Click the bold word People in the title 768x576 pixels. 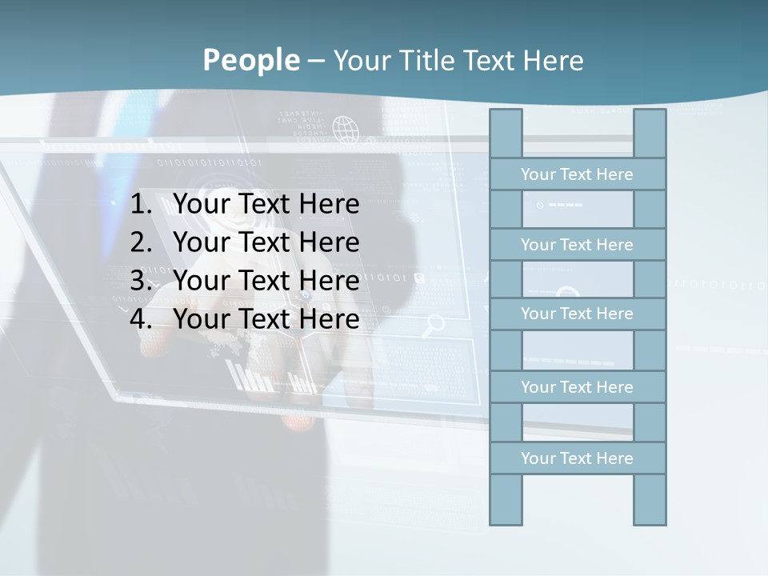pos(250,60)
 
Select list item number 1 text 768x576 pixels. pos(266,204)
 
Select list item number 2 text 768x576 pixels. pos(266,242)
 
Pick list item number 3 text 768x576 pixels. pos(266,281)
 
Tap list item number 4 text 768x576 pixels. pos(266,319)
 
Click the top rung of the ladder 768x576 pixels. pos(577,174)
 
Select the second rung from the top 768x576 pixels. pos(577,245)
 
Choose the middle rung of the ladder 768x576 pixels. pos(577,314)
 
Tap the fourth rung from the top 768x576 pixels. pos(577,387)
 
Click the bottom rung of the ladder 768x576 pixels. pos(577,458)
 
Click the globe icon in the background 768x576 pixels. pos(346,130)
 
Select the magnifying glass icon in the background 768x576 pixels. pos(435,324)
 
